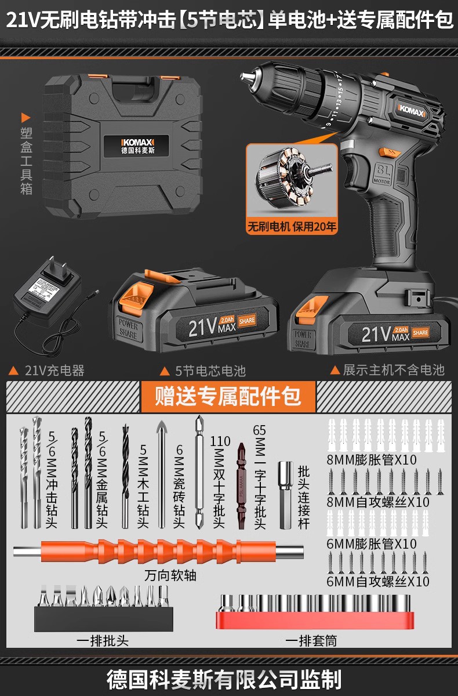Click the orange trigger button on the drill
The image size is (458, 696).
(x=384, y=153)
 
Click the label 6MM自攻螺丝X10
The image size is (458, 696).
(x=377, y=581)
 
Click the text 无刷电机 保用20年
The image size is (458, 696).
(x=292, y=227)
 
